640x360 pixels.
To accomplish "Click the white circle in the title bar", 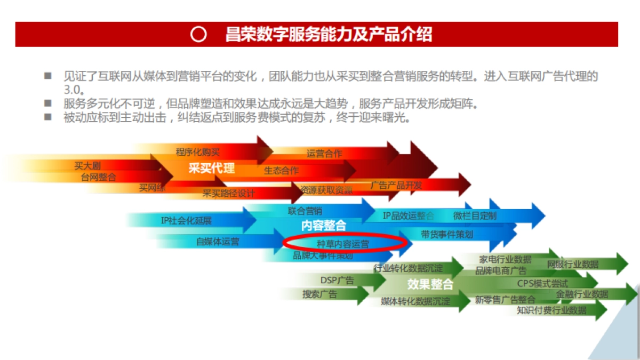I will (x=198, y=35).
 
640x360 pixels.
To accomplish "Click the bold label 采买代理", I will (x=211, y=169).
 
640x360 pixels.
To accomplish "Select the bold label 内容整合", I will (x=323, y=226).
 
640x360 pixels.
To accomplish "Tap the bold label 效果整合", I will (x=430, y=284).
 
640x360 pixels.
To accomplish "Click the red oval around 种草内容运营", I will (x=345, y=243).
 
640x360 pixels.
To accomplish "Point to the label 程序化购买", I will (x=197, y=152).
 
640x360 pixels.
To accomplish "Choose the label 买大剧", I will (x=87, y=166).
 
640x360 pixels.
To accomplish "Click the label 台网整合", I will (x=98, y=177).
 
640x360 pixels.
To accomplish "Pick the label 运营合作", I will (x=324, y=154).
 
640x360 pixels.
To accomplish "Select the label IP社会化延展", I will (x=186, y=220).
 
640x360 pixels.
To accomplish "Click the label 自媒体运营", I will (x=218, y=242).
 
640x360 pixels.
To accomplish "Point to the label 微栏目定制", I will (x=475, y=216).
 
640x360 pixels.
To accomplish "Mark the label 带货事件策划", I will (x=446, y=234).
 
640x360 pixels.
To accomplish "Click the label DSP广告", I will (x=337, y=280).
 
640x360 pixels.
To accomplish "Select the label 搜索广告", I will (x=319, y=294).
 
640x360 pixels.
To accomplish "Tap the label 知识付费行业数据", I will (x=551, y=310).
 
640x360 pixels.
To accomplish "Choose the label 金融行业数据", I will (x=582, y=294).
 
